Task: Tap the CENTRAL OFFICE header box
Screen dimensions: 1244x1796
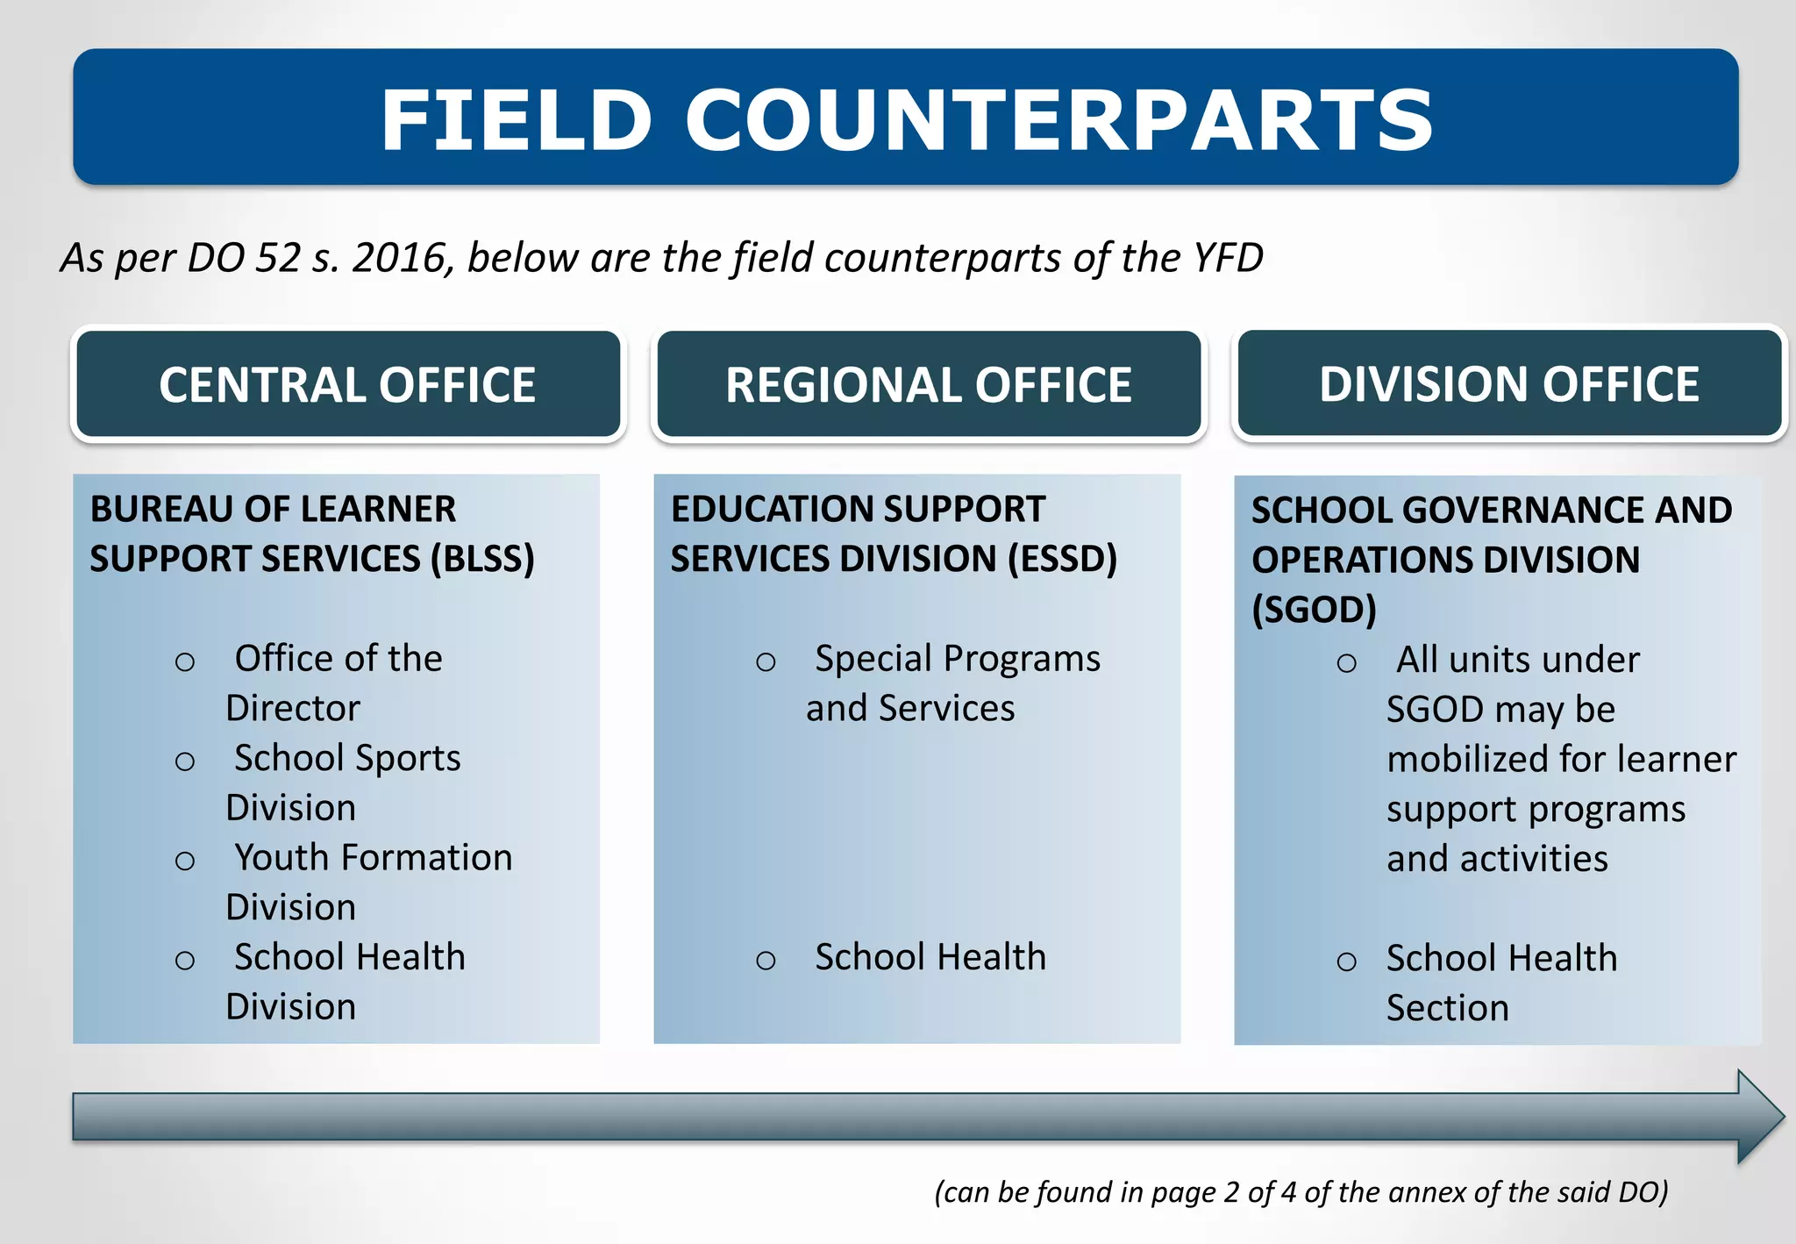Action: click(347, 385)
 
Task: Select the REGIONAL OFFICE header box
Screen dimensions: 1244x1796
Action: click(928, 385)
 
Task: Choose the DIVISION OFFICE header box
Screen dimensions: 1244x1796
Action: click(1508, 384)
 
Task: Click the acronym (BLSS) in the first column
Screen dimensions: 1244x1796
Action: click(482, 559)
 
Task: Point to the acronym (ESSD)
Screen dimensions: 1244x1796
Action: click(1062, 559)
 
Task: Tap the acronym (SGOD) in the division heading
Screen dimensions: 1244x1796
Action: click(1313, 610)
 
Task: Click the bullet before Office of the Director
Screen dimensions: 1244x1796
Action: click(185, 661)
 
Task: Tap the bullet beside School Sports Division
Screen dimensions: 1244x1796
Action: click(185, 761)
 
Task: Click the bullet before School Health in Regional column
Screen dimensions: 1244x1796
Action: click(766, 960)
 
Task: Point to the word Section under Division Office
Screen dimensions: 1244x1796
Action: click(1447, 1008)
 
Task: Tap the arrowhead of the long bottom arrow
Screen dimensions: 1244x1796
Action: click(1758, 1116)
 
